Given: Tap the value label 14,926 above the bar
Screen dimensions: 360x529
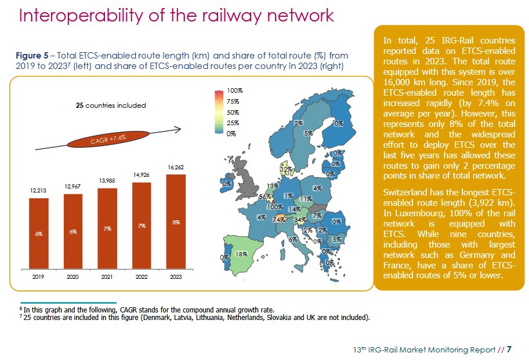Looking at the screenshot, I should (142, 174).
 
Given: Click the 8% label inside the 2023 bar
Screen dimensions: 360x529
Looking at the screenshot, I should (176, 222).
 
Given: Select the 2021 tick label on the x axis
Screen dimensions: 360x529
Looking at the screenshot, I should (107, 278).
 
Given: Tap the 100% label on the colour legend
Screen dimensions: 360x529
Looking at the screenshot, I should (234, 91).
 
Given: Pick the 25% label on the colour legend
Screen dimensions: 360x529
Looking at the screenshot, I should (232, 123).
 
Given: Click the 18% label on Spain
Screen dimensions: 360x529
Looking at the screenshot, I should (242, 254).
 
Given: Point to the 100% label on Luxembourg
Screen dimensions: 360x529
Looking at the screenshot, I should (274, 207).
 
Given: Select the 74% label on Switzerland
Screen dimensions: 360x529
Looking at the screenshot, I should (278, 220).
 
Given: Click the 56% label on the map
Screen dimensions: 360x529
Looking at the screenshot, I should (264, 197).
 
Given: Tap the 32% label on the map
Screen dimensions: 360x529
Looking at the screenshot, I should (285, 169).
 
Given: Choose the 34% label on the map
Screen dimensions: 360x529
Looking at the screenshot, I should (300, 220).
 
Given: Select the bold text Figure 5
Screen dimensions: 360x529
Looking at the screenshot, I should (31, 56).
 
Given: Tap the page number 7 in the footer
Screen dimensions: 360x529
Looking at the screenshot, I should (509, 350).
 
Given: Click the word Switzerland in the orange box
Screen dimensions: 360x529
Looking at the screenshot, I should (408, 192).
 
